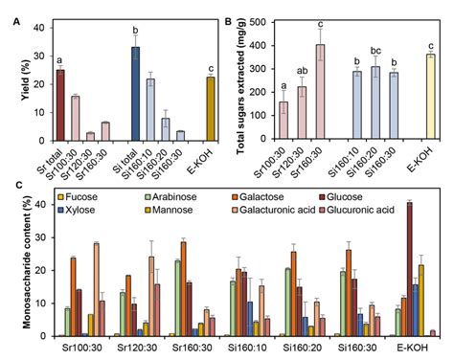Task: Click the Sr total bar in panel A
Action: point(59,105)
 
